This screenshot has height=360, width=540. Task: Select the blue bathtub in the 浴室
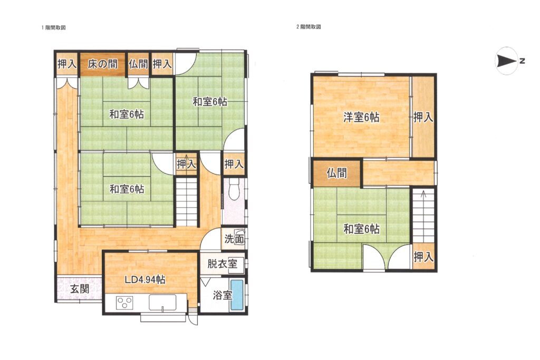point(237,295)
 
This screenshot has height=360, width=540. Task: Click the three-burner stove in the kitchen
point(124,303)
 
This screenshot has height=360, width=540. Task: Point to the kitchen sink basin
point(162,303)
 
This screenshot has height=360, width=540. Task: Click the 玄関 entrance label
point(80,288)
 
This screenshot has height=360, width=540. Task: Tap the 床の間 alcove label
point(102,64)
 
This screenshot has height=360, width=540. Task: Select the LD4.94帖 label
point(145,279)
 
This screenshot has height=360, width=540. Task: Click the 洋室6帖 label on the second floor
point(361,118)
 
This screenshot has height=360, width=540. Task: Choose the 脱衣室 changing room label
point(222,264)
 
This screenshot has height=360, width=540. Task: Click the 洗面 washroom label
point(234,239)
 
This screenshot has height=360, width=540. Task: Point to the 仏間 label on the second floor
point(336,173)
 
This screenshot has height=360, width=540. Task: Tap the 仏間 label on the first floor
point(138,64)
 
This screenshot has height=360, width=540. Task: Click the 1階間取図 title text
point(53,28)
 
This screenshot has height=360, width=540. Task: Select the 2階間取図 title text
point(308,27)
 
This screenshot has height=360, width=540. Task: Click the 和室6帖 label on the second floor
point(362,229)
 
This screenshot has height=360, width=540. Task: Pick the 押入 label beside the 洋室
point(423,118)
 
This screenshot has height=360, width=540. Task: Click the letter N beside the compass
point(522,62)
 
